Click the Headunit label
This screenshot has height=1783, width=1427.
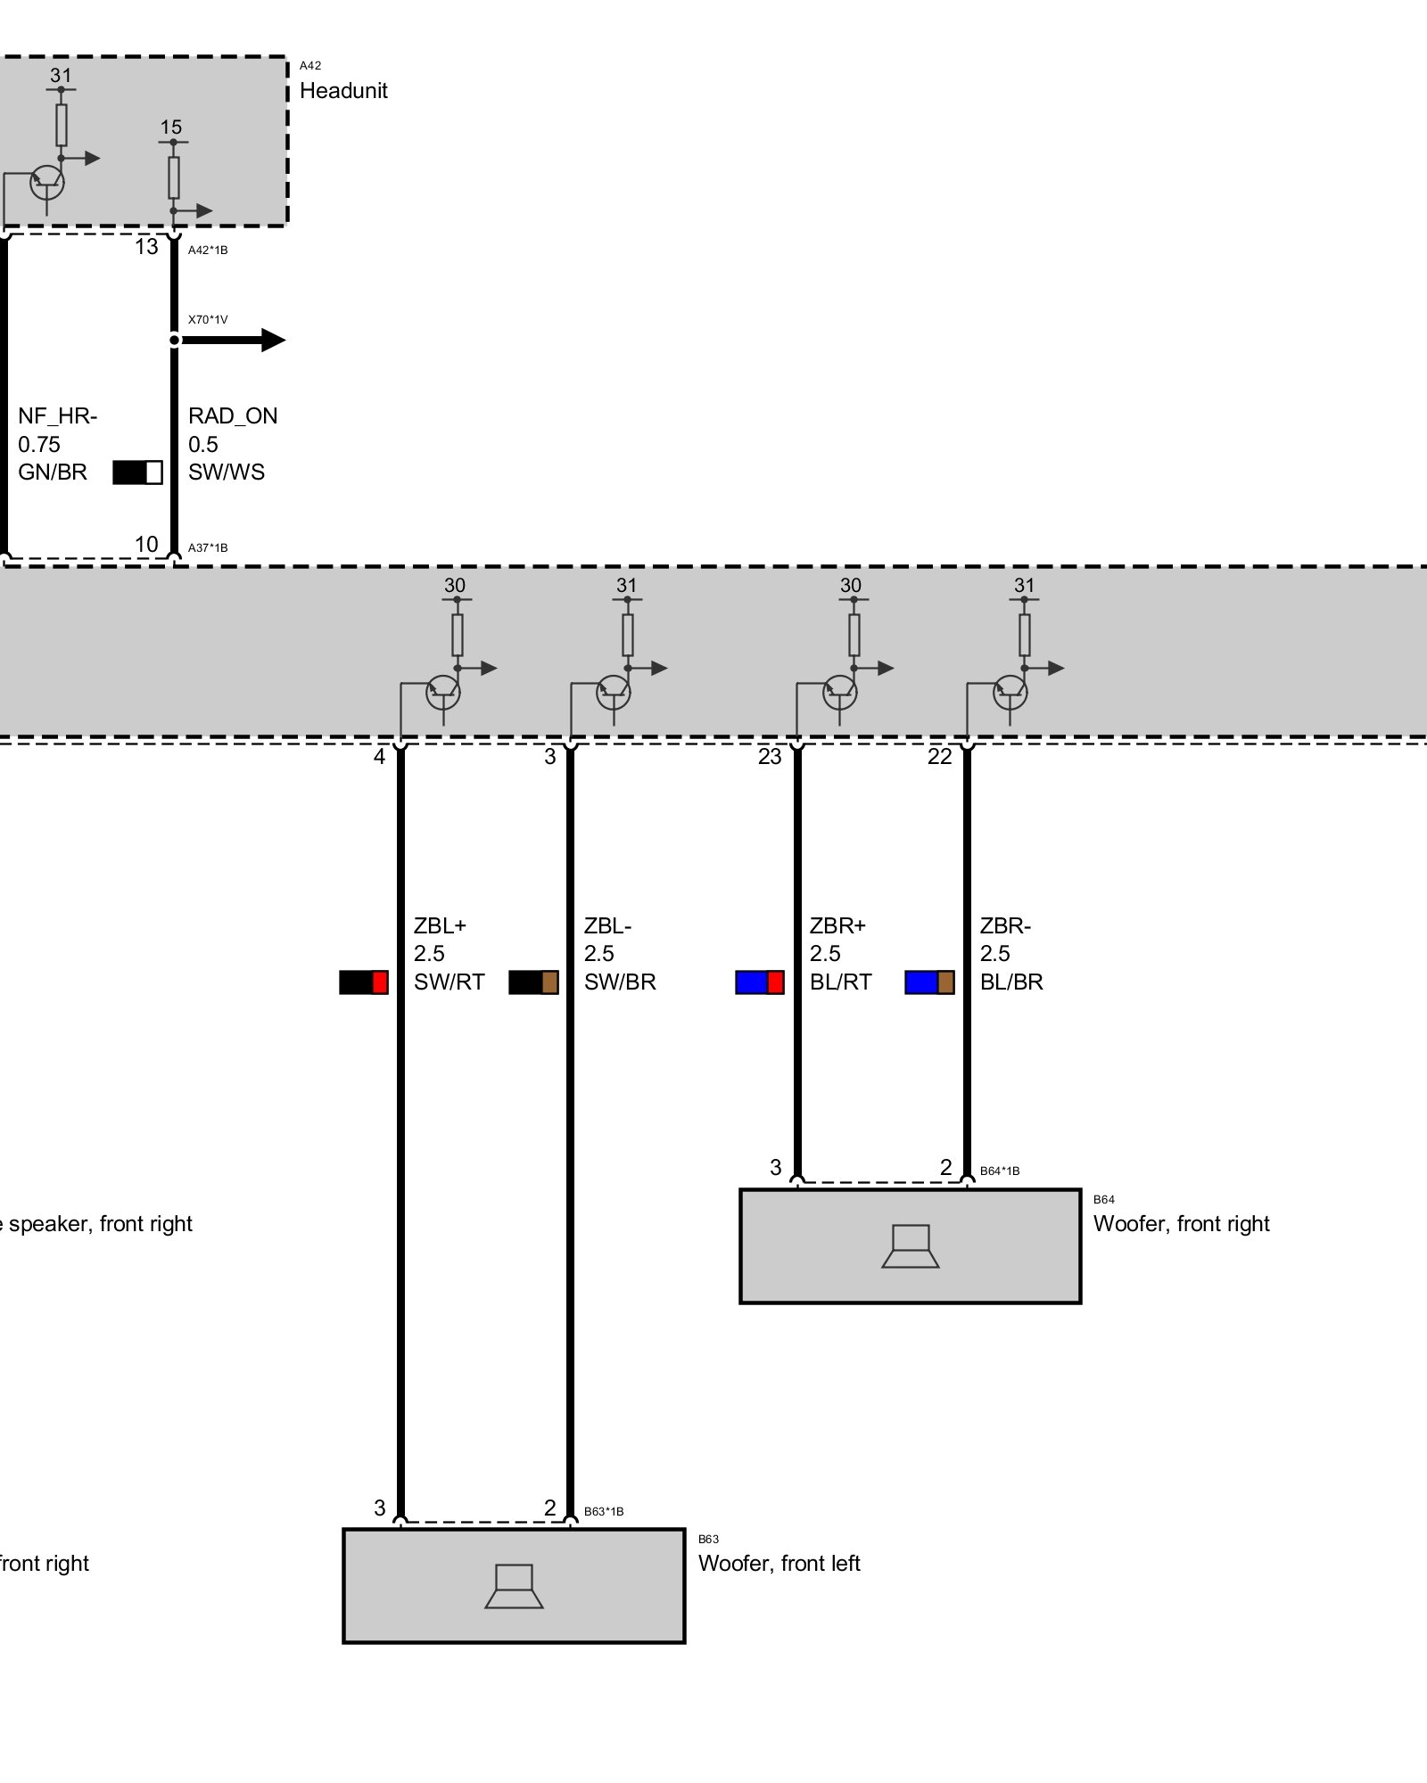[x=343, y=91]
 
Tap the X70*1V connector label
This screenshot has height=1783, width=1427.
[x=208, y=319]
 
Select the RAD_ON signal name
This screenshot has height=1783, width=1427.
[x=233, y=416]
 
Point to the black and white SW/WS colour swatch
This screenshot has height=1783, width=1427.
[x=137, y=472]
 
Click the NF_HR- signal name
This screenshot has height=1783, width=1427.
[x=58, y=416]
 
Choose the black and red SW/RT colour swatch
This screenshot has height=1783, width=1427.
[x=363, y=982]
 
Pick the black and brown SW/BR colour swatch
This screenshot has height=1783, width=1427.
[x=533, y=982]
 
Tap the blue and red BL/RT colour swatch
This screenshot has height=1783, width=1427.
[x=759, y=982]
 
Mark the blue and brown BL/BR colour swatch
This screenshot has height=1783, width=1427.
[x=929, y=982]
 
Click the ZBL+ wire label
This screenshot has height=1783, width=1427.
[x=440, y=925]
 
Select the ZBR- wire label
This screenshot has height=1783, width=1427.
[x=1005, y=925]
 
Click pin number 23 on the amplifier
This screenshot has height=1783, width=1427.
[x=769, y=757]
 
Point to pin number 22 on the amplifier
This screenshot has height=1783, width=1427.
[x=939, y=757]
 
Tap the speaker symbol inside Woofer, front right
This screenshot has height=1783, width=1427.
[x=910, y=1246]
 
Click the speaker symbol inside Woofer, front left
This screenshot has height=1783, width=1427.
[x=514, y=1586]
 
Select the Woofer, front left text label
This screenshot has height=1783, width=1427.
[x=779, y=1563]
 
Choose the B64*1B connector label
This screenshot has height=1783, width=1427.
[x=999, y=1171]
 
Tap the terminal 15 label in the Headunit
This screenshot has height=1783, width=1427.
[x=171, y=127]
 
